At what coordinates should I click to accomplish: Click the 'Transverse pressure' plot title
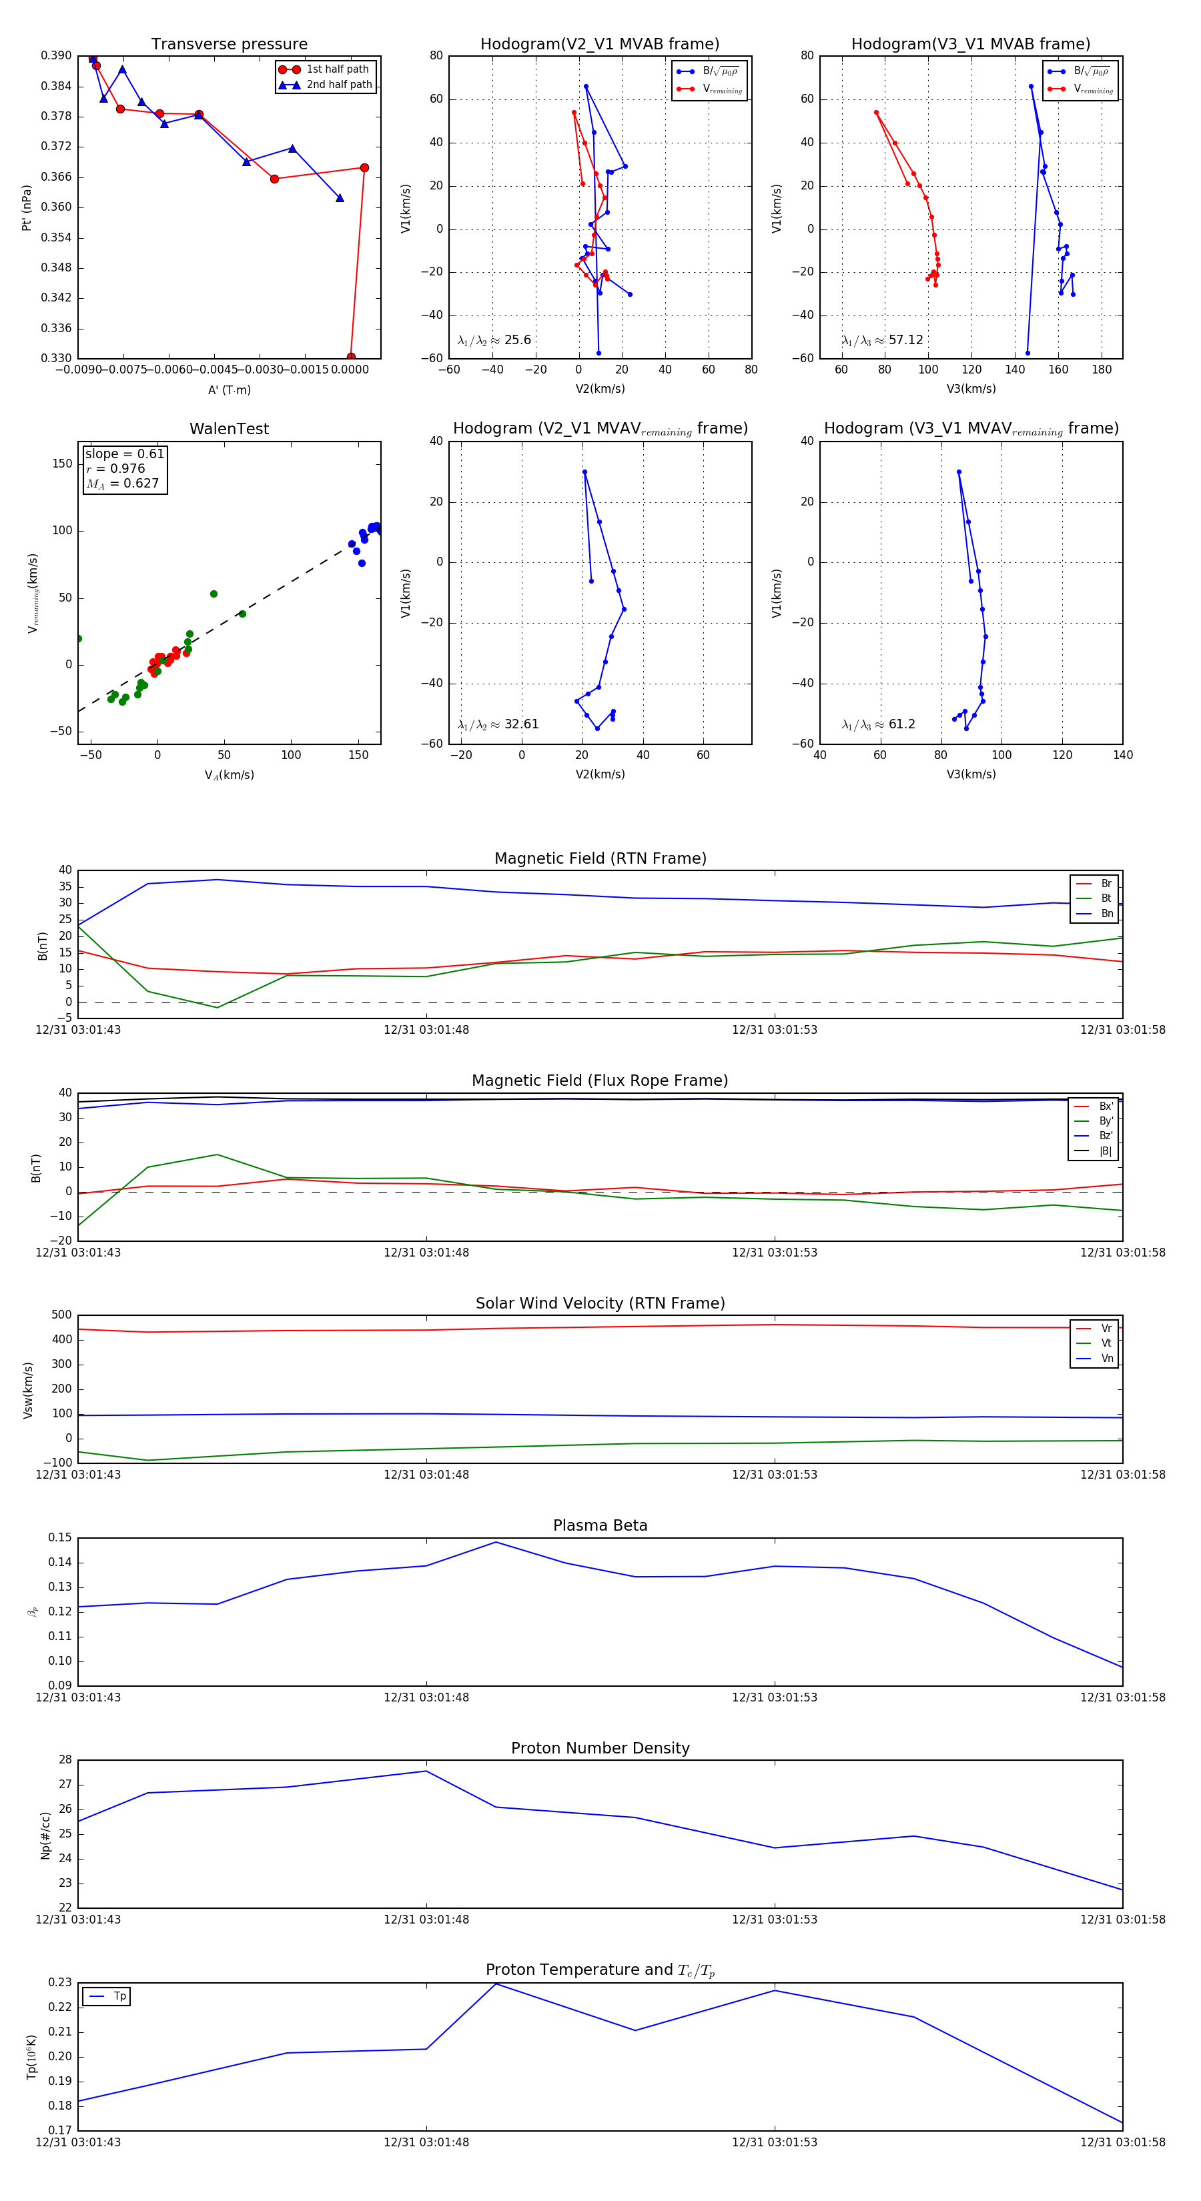pos(229,45)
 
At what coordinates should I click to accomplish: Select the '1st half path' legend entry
pos(337,69)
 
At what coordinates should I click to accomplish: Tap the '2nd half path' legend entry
pos(338,85)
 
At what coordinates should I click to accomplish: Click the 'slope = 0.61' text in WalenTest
pos(125,454)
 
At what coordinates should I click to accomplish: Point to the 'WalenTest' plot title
pos(229,429)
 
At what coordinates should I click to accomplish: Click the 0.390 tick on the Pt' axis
pos(57,55)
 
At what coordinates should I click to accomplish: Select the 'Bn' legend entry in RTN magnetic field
pos(1106,913)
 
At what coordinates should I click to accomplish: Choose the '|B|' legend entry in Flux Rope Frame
pos(1106,1151)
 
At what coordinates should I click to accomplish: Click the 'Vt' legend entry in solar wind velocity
pos(1106,1343)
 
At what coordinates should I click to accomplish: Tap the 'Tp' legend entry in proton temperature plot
pos(119,1996)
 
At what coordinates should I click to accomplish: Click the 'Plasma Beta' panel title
pos(600,1525)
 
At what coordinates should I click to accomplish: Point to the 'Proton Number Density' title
pos(600,1748)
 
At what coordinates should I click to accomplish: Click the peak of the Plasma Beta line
pos(496,1542)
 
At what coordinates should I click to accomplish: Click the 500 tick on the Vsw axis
pos(61,1315)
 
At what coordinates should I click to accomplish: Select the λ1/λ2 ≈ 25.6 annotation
pos(494,340)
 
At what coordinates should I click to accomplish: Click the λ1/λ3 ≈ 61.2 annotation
pos(878,724)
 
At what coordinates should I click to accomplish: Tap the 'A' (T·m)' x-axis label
pos(229,390)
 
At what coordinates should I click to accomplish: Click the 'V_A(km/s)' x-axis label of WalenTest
pos(229,775)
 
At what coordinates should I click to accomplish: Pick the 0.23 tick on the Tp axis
pos(60,1982)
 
